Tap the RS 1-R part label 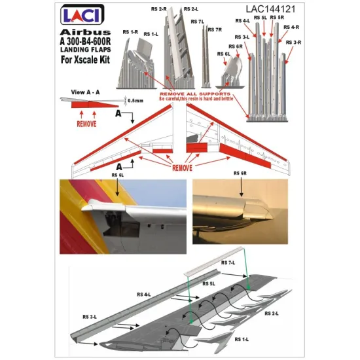click(131, 31)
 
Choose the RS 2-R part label click(168, 9)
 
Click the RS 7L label click(198, 22)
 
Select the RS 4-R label click(291, 27)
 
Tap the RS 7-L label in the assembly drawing click(228, 262)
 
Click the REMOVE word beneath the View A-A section click(86, 122)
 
